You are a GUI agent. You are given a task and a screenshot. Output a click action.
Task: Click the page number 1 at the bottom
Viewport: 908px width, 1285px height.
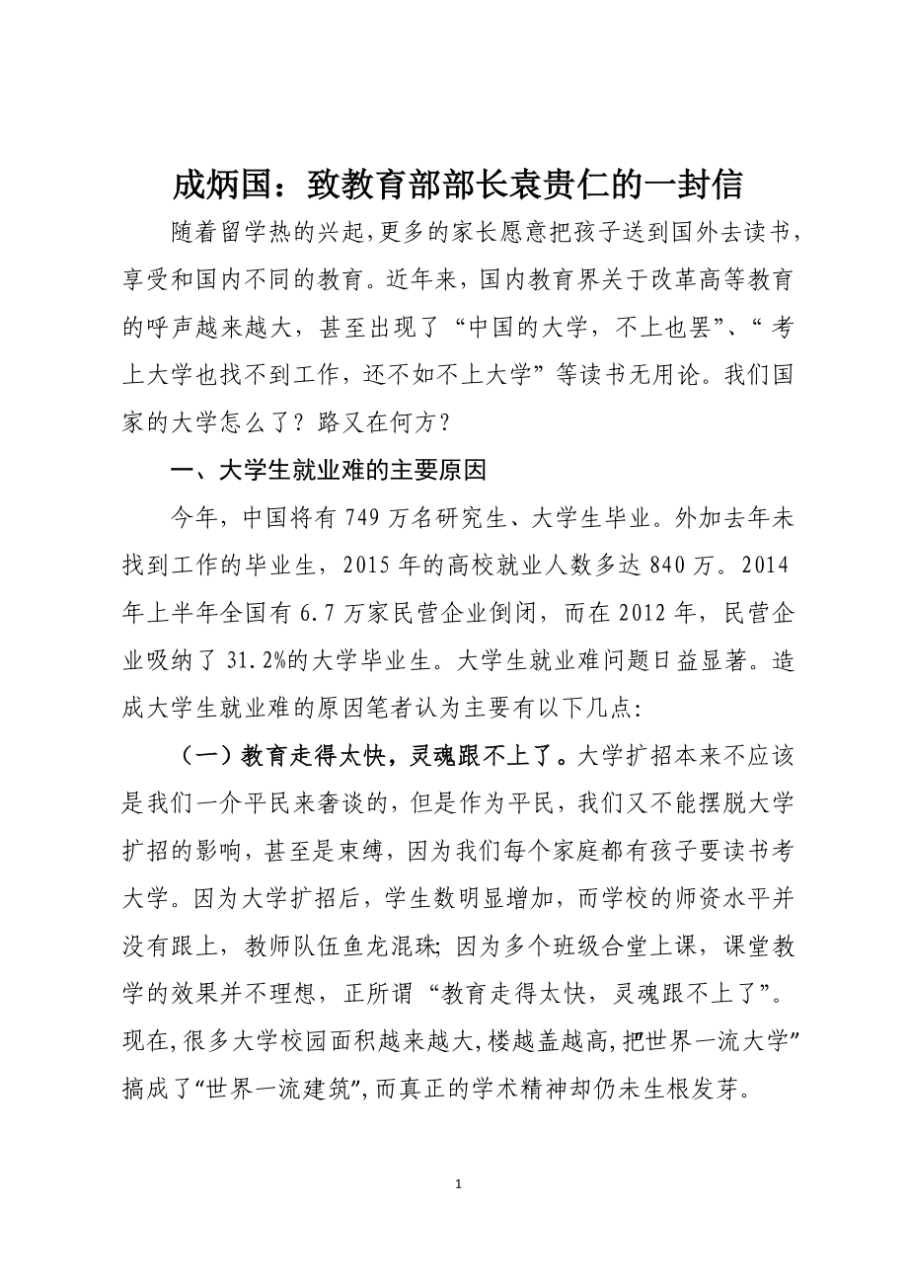coord(454,1183)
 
